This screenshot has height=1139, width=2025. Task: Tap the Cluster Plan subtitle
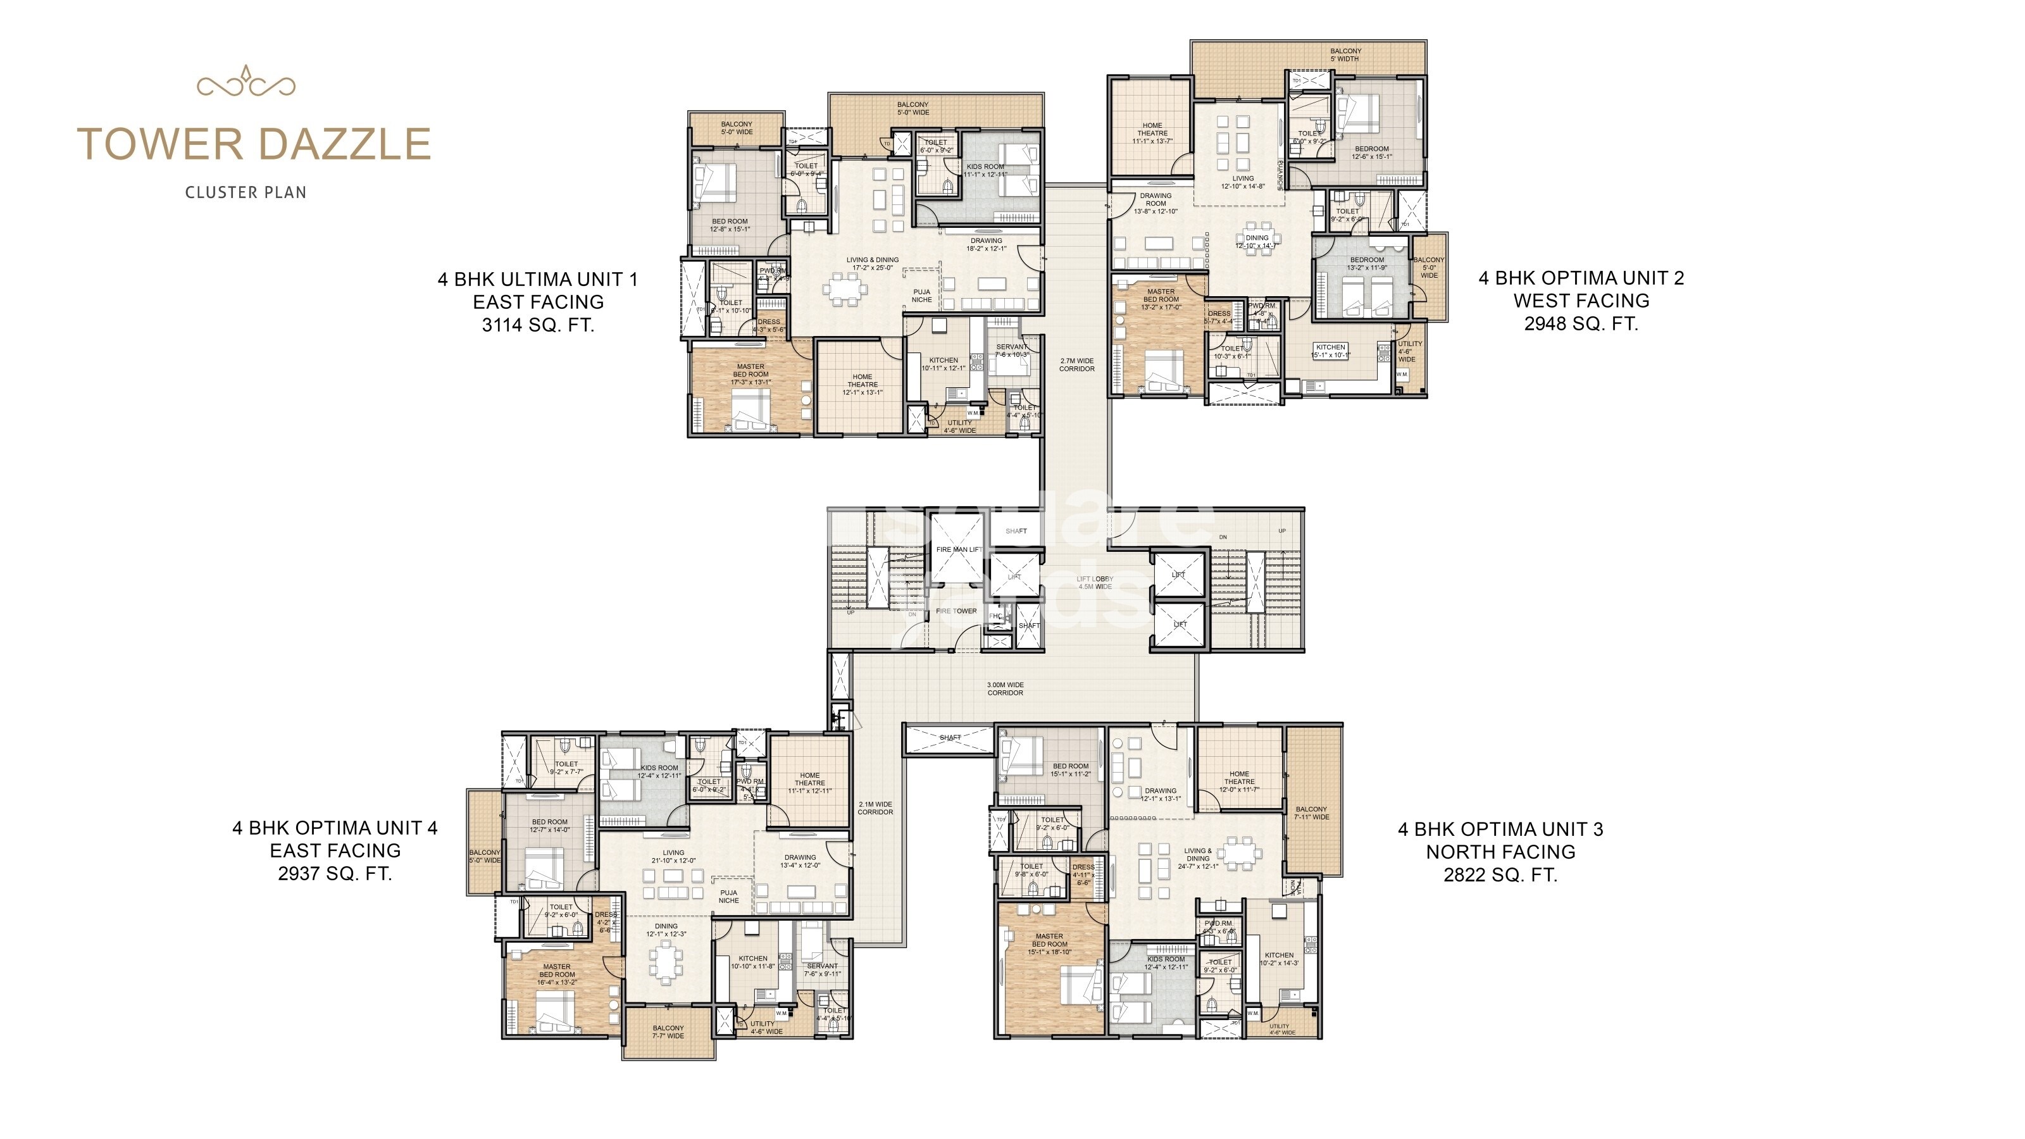pyautogui.click(x=246, y=192)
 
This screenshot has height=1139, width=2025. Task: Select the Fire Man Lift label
pyautogui.click(x=958, y=549)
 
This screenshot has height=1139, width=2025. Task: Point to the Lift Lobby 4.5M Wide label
pyautogui.click(x=1094, y=582)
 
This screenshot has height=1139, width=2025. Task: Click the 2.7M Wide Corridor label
pyautogui.click(x=1076, y=364)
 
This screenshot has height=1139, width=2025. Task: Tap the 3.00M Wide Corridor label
pyautogui.click(x=1006, y=688)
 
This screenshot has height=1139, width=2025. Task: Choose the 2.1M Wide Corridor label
pyautogui.click(x=875, y=808)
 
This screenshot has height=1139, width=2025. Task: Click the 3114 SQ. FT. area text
pyautogui.click(x=538, y=325)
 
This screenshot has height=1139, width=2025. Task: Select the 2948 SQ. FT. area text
pyautogui.click(x=1581, y=324)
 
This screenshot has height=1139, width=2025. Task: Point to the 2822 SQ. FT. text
pyautogui.click(x=1500, y=875)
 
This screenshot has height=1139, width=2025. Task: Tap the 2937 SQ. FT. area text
pyautogui.click(x=335, y=873)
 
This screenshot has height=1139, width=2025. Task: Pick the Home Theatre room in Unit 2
pyautogui.click(x=1152, y=133)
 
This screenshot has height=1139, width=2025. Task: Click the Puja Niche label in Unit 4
pyautogui.click(x=729, y=896)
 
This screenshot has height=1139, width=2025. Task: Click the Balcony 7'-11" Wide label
pyautogui.click(x=1311, y=812)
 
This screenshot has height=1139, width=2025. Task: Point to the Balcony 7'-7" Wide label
pyautogui.click(x=668, y=1032)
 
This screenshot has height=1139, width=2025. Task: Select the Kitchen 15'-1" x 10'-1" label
pyautogui.click(x=1330, y=351)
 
